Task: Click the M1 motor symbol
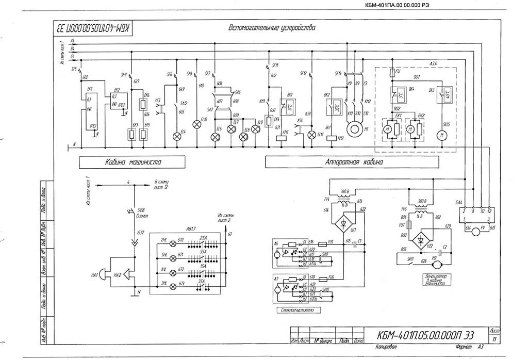pos(354,128)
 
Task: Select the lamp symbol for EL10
pos(196,124)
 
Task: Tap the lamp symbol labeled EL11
pos(311,136)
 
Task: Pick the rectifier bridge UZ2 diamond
pos(423,240)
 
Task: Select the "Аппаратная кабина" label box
pos(354,162)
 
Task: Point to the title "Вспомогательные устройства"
pos(271,27)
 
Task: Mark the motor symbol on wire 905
pos(441,136)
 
